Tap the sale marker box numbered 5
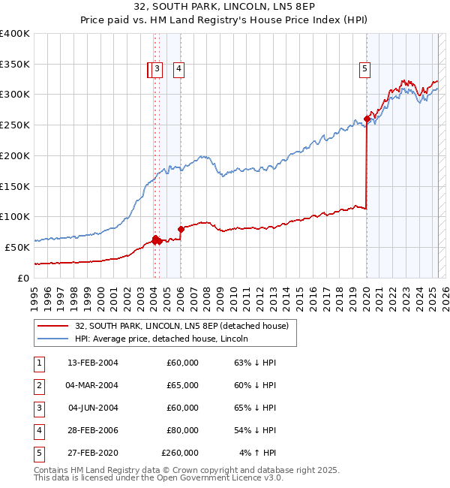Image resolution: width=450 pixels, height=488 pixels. (365, 70)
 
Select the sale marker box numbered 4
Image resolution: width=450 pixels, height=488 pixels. (179, 70)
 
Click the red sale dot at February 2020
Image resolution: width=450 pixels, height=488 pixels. (367, 119)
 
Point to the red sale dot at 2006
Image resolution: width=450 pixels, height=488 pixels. (181, 229)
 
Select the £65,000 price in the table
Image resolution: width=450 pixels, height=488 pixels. (183, 385)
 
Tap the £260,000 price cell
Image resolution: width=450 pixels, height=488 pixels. (180, 453)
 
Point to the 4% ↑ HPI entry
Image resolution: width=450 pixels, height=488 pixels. (258, 453)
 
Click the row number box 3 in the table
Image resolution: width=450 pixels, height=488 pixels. (38, 408)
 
